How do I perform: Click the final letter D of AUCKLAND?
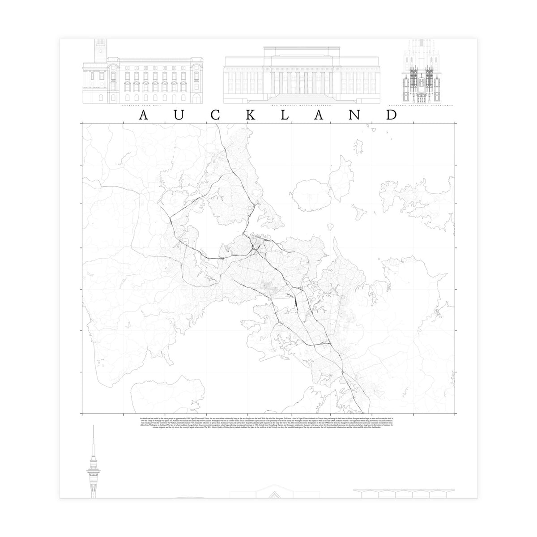(391, 115)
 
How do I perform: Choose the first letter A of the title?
(144, 115)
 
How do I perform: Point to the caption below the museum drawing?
(301, 104)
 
